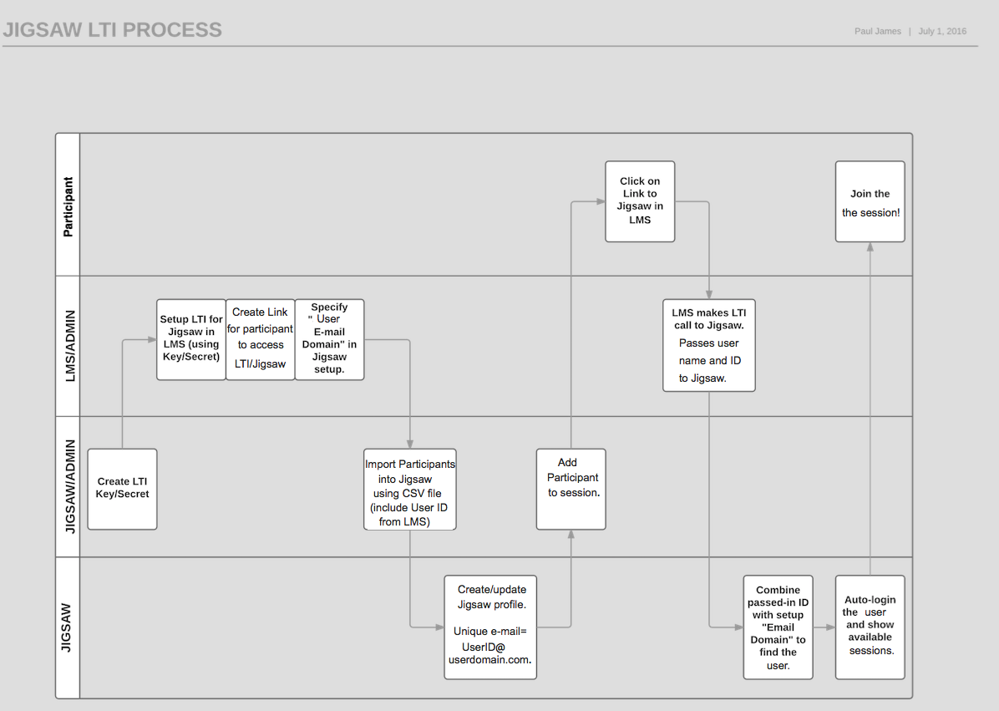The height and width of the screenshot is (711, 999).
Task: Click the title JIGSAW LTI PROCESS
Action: tap(112, 30)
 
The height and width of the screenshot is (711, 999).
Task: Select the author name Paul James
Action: tap(877, 32)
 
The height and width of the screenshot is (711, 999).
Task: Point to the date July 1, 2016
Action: tap(942, 32)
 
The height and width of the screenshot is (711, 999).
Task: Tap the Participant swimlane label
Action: tap(68, 206)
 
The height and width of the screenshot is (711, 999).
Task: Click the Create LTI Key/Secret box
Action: tap(122, 489)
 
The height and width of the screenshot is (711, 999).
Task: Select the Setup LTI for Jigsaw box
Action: tap(191, 338)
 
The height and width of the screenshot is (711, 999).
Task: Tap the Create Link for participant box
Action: tap(261, 338)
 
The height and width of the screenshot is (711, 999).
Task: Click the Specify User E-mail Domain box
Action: tap(329, 338)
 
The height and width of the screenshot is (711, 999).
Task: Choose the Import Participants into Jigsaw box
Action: tap(409, 489)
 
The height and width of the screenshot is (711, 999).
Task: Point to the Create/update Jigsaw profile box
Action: tap(490, 626)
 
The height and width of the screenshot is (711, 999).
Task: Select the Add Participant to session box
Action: tap(571, 489)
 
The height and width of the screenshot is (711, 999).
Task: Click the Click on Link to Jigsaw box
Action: tap(640, 201)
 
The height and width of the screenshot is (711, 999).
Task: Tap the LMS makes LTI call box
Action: tap(709, 344)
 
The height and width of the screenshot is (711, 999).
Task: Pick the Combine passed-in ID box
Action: tap(778, 627)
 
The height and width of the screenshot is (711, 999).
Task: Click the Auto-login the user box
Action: tap(870, 627)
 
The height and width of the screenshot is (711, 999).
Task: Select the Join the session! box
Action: tap(870, 202)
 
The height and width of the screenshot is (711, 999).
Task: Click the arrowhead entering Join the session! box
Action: tap(870, 246)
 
